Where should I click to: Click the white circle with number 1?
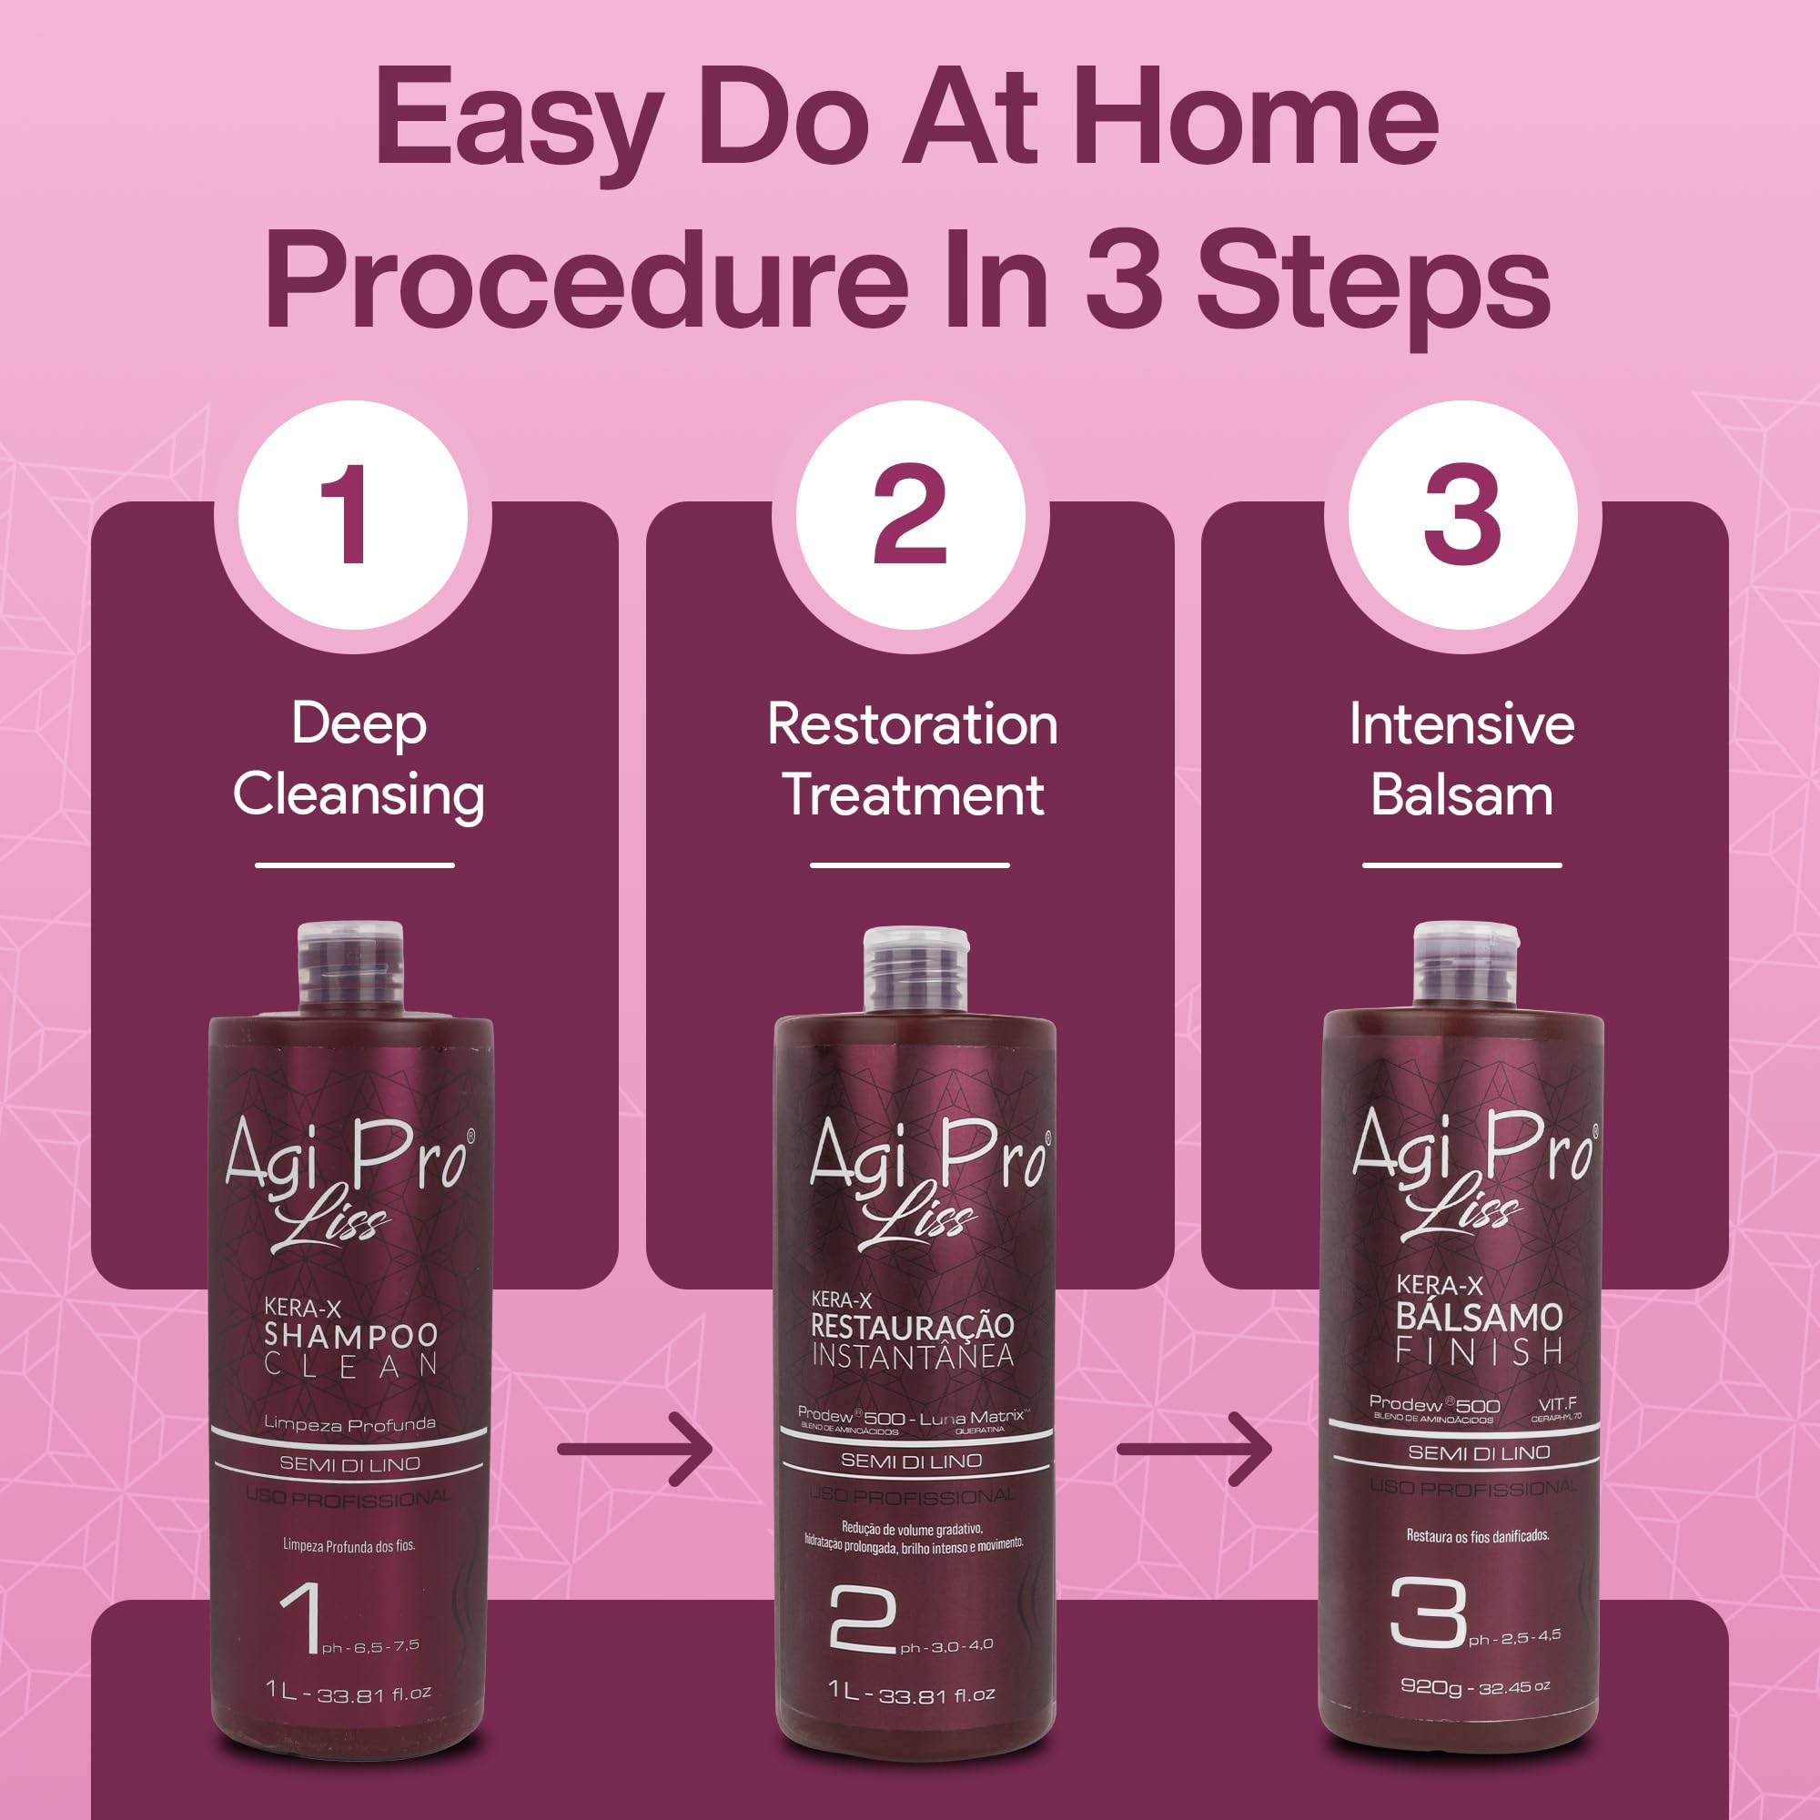coord(353,516)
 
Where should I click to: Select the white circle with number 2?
coord(910,516)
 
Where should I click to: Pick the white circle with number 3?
coord(1462,516)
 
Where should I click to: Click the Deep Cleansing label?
coord(358,759)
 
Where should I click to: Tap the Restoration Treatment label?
coord(912,759)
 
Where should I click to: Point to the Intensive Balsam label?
coord(1462,759)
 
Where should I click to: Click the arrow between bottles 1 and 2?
coord(635,1449)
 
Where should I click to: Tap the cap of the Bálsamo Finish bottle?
coord(1466,963)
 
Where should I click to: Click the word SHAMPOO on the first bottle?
coord(350,1335)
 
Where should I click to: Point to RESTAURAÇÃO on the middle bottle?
coord(912,1327)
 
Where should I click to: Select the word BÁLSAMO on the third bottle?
coord(1479,1317)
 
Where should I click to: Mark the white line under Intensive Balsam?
coord(1462,864)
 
